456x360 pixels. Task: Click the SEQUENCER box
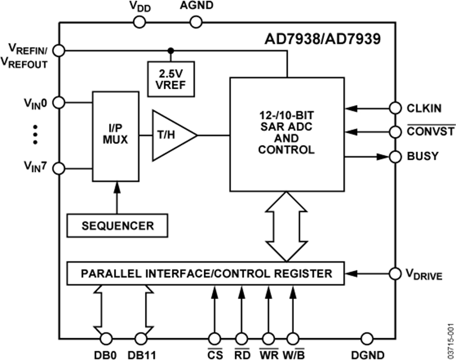click(x=118, y=225)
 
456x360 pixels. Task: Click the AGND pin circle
click(x=196, y=21)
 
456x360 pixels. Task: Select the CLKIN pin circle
click(x=395, y=108)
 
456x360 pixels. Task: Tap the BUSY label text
click(x=423, y=157)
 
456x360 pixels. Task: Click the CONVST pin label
click(x=431, y=132)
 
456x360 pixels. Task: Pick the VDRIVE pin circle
click(x=395, y=274)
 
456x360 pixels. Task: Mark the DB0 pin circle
click(x=106, y=338)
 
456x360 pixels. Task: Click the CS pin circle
click(x=215, y=338)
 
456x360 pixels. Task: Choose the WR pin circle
click(x=268, y=338)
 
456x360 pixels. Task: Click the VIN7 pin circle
click(x=59, y=168)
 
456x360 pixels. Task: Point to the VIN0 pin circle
click(x=59, y=102)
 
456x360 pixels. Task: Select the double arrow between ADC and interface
click(x=282, y=227)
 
